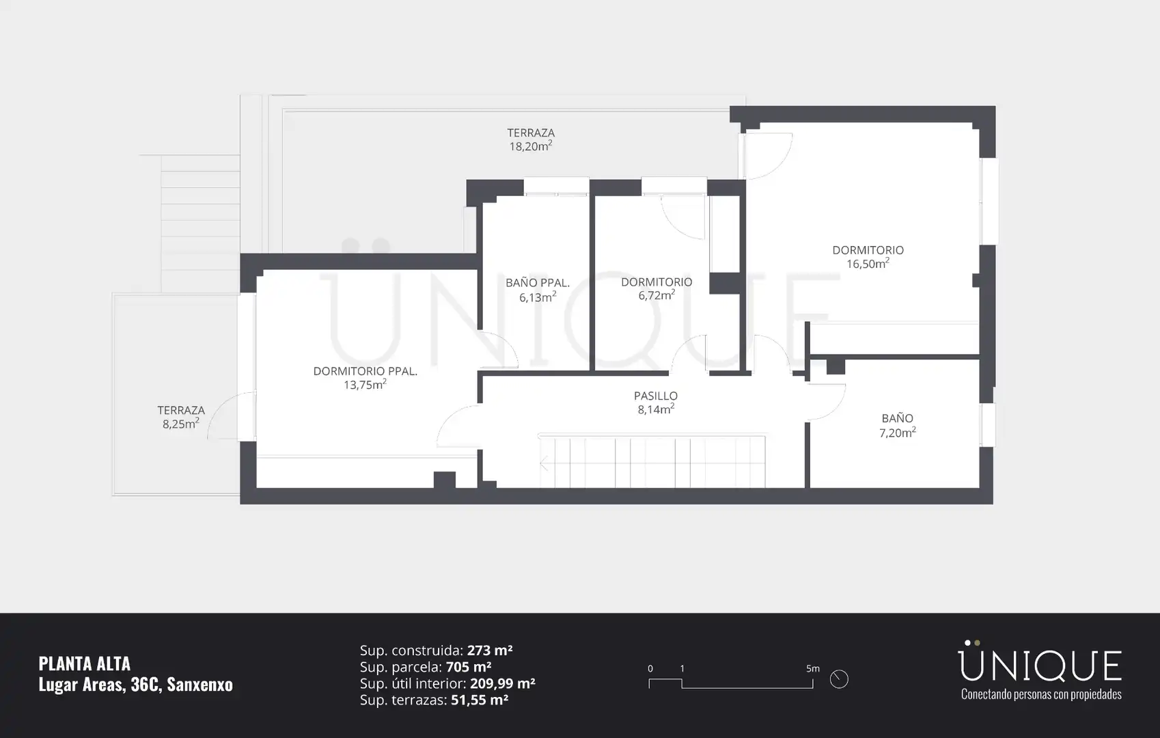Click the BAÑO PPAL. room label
click(x=538, y=283)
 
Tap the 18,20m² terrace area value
click(x=531, y=146)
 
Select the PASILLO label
click(x=656, y=396)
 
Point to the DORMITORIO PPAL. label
click(x=365, y=371)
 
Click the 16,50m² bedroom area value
click(x=868, y=264)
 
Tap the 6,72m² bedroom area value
click(x=657, y=295)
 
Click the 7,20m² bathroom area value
click(x=898, y=433)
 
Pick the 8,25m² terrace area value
click(x=181, y=424)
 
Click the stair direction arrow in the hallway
click(x=544, y=463)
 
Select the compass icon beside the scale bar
click(x=839, y=679)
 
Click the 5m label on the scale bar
click(x=812, y=668)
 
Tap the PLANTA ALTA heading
click(x=85, y=664)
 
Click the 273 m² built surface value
click(x=490, y=650)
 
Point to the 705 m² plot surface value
click(x=469, y=666)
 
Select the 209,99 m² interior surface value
click(x=502, y=683)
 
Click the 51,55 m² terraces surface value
click(x=480, y=700)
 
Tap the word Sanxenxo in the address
click(x=200, y=685)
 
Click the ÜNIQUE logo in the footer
click(x=1041, y=661)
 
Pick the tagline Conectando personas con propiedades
click(x=1041, y=694)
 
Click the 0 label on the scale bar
click(x=650, y=668)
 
